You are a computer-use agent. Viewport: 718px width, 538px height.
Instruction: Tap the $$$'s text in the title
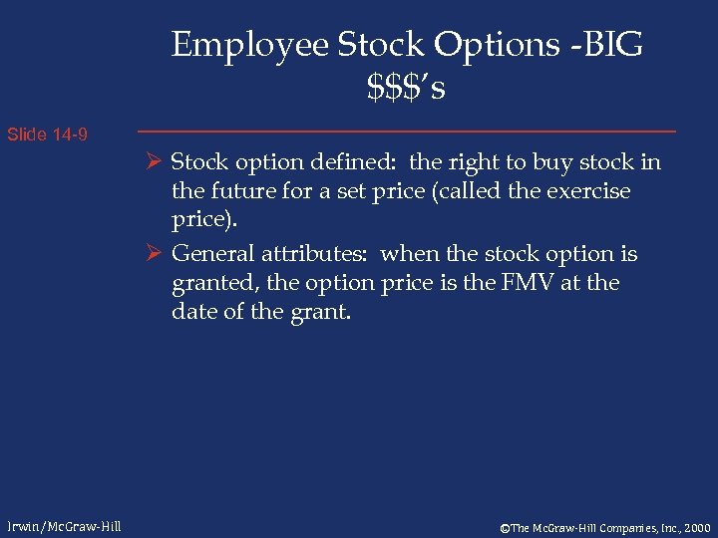tap(406, 89)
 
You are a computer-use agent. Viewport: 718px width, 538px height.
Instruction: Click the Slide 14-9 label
tap(47, 134)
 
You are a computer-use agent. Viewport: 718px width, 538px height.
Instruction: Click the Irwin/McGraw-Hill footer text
tap(62, 526)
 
